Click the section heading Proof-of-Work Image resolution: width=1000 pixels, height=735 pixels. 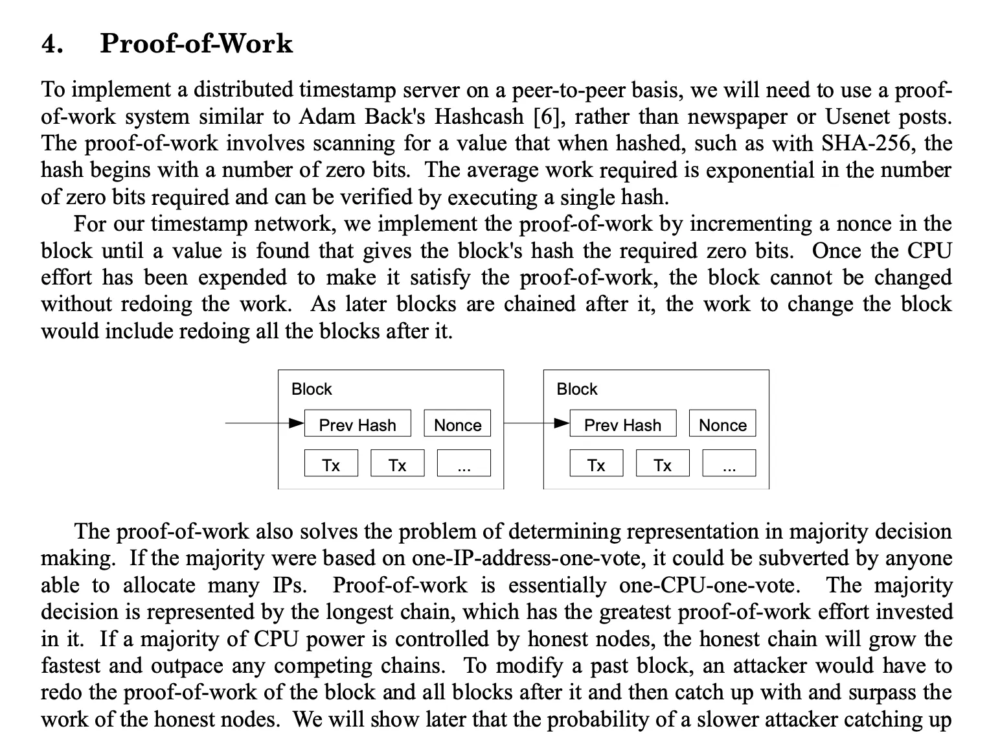tap(196, 43)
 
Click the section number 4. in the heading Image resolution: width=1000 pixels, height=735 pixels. tap(52, 43)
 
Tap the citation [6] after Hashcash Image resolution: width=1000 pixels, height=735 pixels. tap(546, 117)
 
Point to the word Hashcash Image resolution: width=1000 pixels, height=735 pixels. tap(479, 117)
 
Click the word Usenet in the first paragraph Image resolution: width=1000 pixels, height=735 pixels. tap(858, 117)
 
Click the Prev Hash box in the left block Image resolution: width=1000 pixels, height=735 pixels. tap(358, 424)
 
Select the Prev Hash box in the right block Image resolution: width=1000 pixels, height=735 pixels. tap(622, 424)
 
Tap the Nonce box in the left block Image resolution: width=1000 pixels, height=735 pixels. tap(457, 424)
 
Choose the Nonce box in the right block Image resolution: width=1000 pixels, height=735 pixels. tap(722, 424)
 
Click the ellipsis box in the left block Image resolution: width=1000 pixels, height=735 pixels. tap(464, 463)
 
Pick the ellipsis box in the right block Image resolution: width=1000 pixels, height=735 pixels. tap(729, 463)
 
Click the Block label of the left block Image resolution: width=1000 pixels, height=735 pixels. tap(312, 389)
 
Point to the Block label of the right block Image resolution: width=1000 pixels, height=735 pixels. tap(576, 389)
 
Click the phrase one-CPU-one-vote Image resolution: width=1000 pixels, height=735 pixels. tap(709, 585)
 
